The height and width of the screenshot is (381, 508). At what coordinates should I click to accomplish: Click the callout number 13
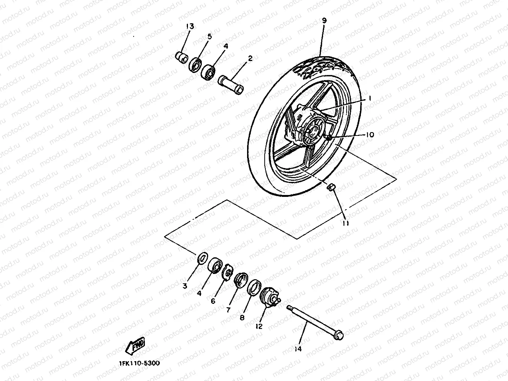(x=190, y=27)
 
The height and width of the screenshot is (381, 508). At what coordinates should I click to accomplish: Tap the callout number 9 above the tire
(x=324, y=21)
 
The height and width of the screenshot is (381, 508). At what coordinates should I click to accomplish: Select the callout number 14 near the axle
(x=298, y=349)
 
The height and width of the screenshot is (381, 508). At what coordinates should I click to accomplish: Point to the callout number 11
(x=346, y=223)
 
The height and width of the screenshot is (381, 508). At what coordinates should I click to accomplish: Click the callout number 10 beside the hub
(x=369, y=135)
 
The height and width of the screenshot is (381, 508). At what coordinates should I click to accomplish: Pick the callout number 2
(x=250, y=58)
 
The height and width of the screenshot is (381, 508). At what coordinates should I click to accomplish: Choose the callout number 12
(x=259, y=326)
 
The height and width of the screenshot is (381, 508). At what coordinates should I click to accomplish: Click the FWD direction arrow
(x=136, y=346)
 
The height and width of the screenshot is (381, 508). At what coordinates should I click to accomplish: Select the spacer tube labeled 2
(x=231, y=84)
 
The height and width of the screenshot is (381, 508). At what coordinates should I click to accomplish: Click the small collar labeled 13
(x=182, y=58)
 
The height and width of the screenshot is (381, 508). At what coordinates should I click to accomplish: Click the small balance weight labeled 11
(x=331, y=187)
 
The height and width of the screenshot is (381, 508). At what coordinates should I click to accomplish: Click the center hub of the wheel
(x=310, y=131)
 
